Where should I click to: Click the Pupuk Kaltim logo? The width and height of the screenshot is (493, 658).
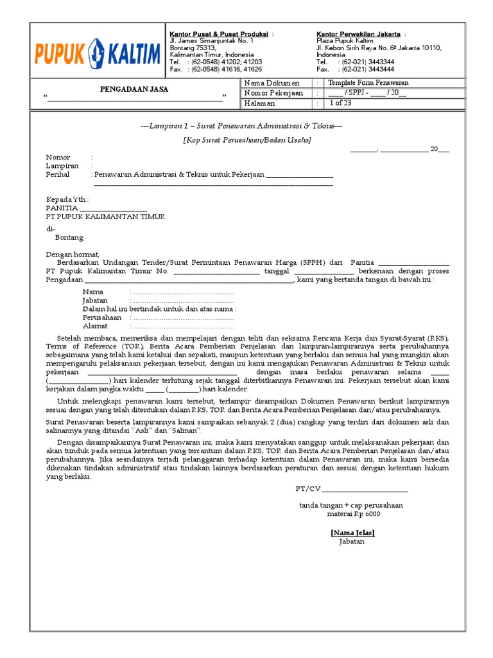[97, 51]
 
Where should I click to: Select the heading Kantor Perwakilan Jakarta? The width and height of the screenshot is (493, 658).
[359, 34]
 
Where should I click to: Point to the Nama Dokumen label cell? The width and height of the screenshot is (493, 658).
[273, 84]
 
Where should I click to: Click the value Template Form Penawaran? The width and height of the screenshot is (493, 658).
[368, 83]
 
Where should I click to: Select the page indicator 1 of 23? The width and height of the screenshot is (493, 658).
[340, 103]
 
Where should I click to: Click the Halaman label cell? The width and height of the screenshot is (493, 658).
[259, 103]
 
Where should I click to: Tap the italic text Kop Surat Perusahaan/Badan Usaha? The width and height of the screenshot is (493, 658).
[247, 139]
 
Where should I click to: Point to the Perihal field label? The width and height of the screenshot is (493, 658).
[58, 174]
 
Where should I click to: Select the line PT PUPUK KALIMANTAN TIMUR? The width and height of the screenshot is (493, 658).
[105, 217]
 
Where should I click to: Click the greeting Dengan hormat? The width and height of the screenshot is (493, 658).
[73, 254]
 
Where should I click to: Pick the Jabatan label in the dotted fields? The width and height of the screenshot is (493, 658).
[95, 300]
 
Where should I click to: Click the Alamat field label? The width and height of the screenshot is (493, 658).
[95, 326]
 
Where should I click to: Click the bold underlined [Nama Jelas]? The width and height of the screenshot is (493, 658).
[352, 533]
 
